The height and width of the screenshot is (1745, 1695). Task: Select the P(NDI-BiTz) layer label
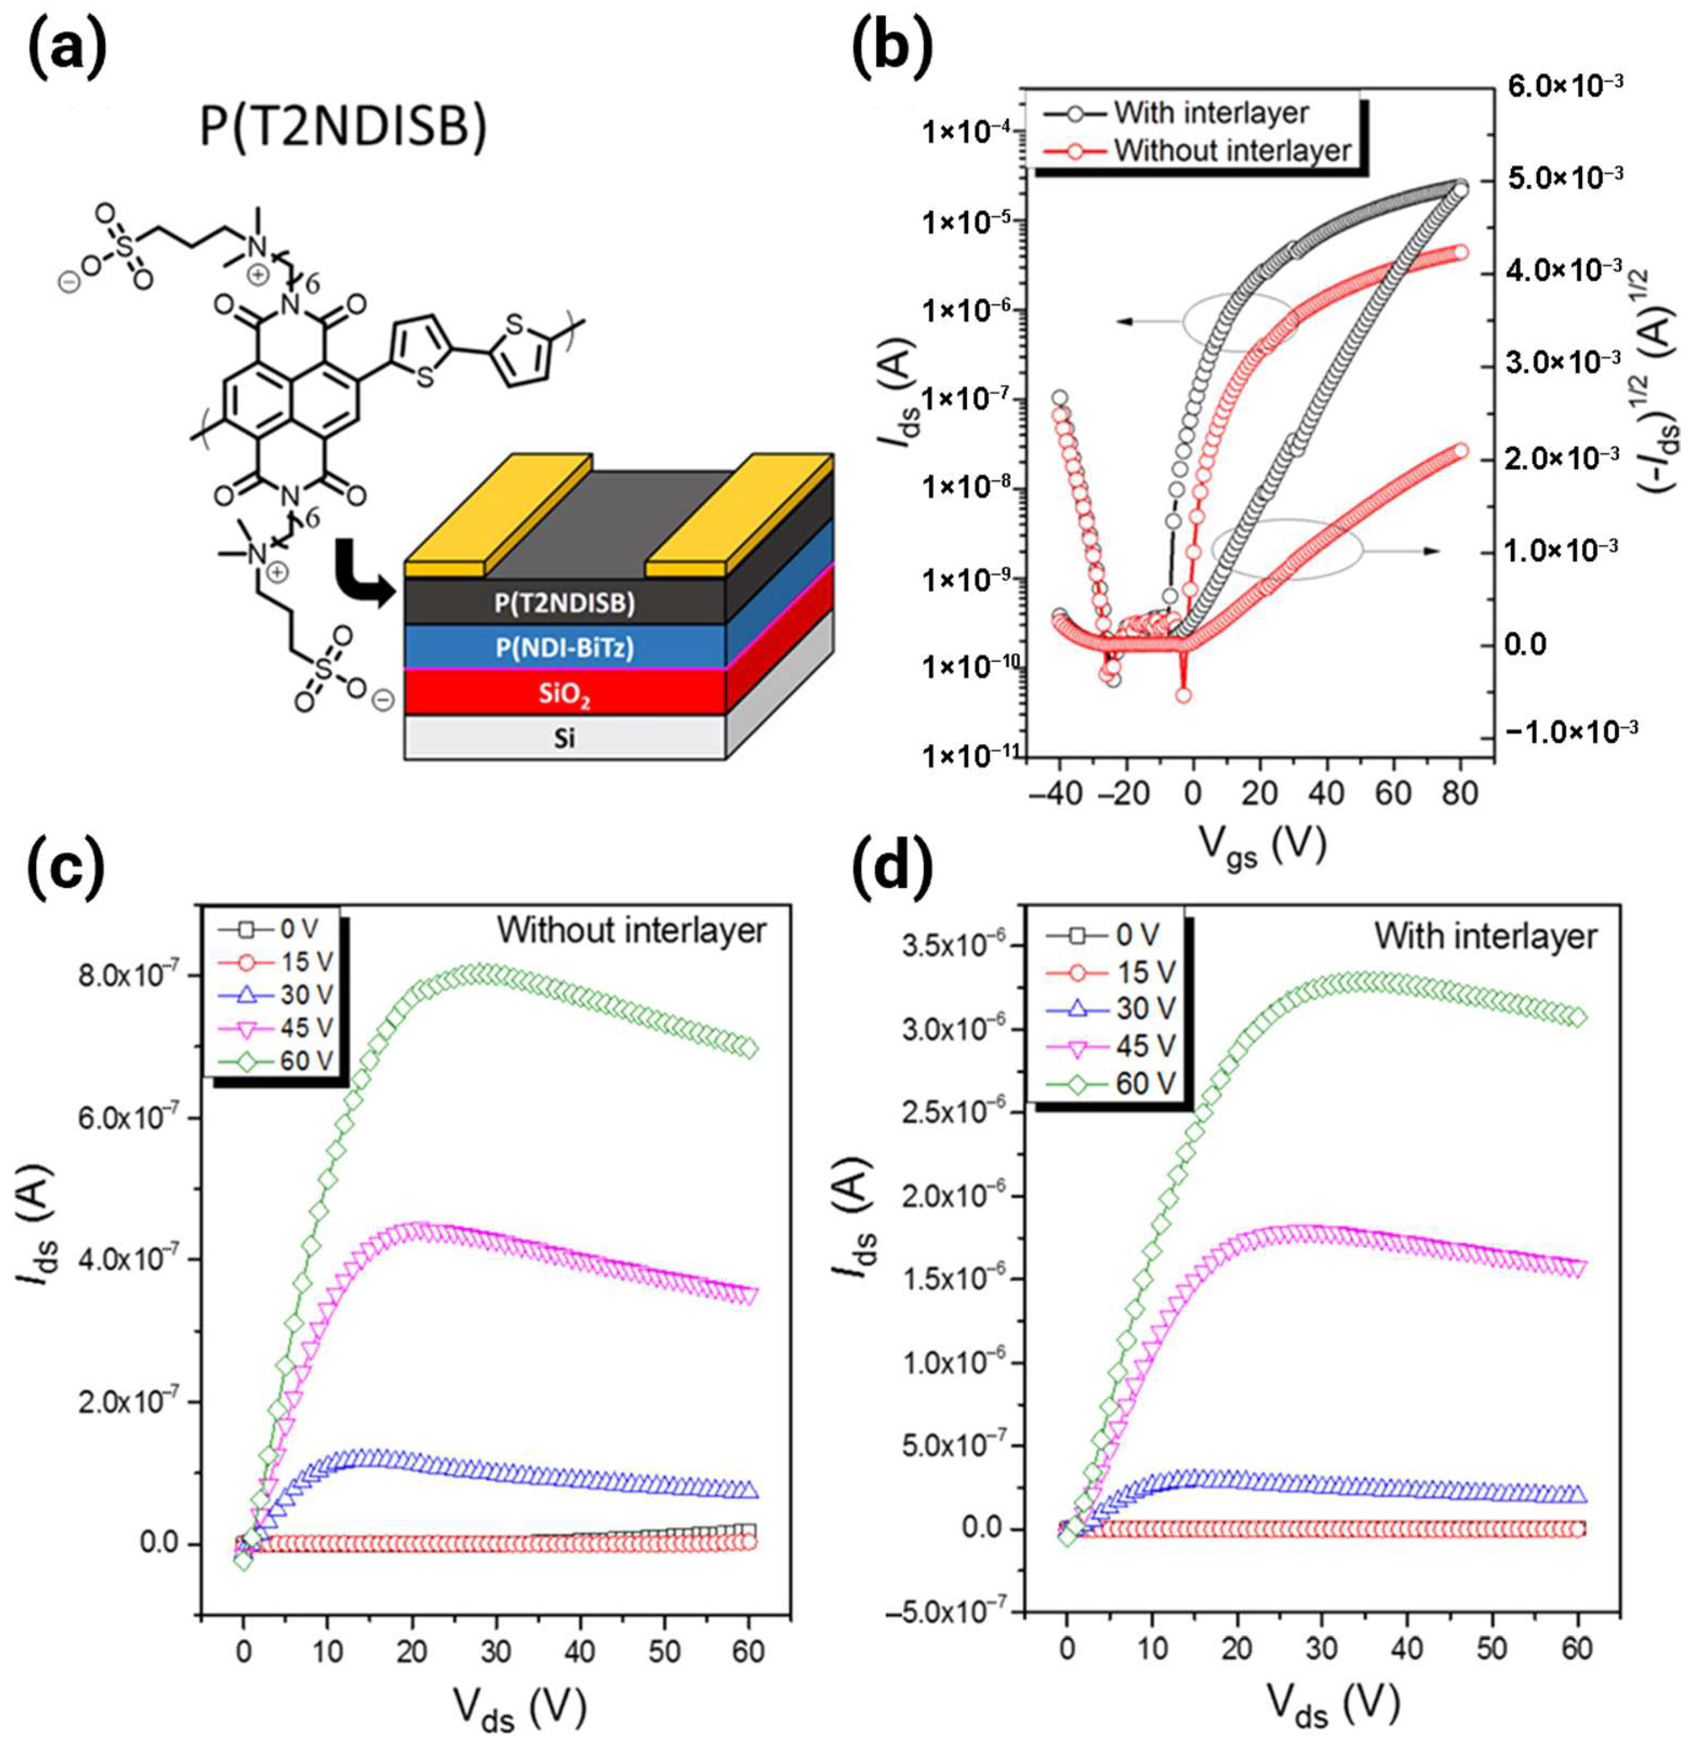(565, 647)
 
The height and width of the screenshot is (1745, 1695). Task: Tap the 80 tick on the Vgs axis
(1460, 791)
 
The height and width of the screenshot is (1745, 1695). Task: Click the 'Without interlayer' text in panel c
(631, 931)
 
